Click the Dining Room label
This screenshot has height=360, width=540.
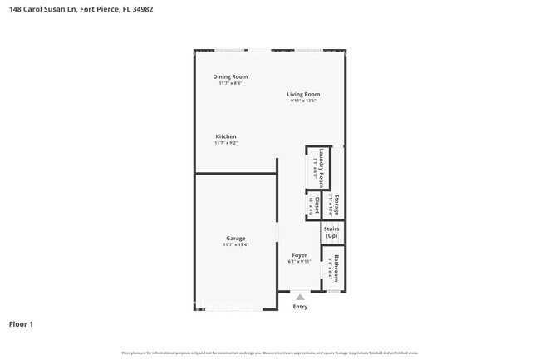pos(230,76)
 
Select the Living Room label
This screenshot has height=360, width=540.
pos(304,94)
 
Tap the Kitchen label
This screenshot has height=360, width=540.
pos(226,136)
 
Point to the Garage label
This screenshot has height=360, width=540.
pos(235,238)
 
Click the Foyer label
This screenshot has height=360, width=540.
pos(299,254)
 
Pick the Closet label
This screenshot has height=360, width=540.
pos(317,205)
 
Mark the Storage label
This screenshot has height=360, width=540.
pos(337,205)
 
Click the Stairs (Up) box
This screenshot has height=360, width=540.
pos(332,233)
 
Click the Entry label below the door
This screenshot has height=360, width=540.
pos(300,307)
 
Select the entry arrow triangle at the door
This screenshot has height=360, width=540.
pos(300,296)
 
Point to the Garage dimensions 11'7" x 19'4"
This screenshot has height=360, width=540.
pos(235,245)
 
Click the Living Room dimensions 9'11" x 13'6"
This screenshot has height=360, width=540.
pos(304,101)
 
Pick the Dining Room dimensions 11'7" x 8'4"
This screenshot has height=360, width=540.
pos(230,83)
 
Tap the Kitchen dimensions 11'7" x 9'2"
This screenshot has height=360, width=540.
pos(226,143)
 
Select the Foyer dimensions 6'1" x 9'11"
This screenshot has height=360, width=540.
pos(299,262)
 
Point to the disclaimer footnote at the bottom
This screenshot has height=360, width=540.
pos(269,353)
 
